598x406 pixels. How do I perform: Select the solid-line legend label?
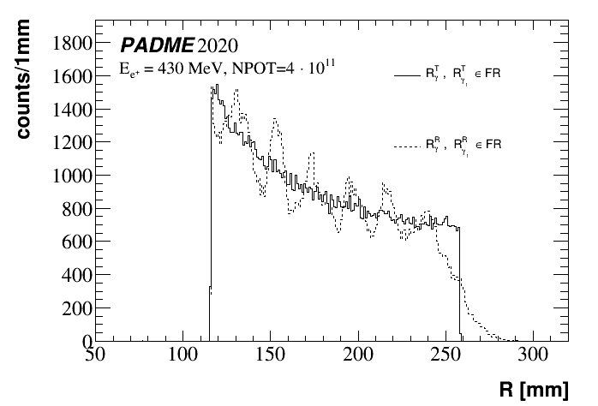tap(459, 75)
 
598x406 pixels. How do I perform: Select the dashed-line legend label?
tap(459, 146)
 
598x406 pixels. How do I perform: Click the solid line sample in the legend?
tap(405, 76)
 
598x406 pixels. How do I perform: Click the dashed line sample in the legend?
tap(405, 147)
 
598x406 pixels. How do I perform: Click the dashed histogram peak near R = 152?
tap(275, 120)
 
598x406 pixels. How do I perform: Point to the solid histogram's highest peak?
tap(217, 86)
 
